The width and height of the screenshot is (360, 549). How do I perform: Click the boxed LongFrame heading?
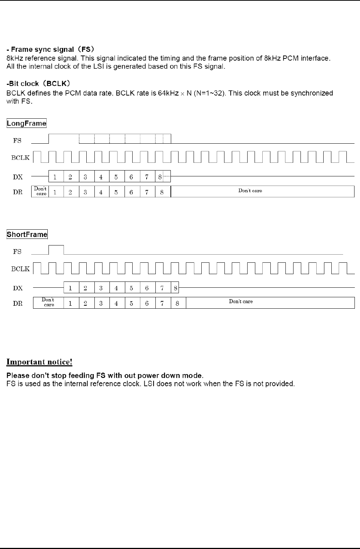(x=26, y=123)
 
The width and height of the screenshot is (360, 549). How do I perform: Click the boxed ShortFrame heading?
(x=27, y=234)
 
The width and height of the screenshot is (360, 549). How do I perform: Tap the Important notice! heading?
(x=39, y=362)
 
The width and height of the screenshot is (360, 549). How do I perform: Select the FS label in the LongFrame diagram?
(x=17, y=141)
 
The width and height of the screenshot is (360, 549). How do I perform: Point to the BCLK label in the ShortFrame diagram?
(x=20, y=269)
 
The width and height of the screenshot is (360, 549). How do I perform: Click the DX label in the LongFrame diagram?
(x=18, y=177)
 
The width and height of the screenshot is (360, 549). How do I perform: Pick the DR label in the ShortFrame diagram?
(x=18, y=304)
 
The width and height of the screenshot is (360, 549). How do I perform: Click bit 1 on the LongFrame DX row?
(x=55, y=177)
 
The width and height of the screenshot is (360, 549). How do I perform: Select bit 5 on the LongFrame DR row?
(x=116, y=192)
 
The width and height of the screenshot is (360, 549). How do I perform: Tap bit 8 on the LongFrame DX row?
(x=160, y=177)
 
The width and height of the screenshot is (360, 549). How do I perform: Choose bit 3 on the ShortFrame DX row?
(x=101, y=288)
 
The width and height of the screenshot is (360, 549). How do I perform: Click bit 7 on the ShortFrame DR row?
(x=162, y=304)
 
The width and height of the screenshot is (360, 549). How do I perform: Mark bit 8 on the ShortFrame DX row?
(x=176, y=288)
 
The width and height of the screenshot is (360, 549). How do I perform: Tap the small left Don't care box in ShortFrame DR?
(x=48, y=302)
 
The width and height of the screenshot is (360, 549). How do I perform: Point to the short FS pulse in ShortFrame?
(x=56, y=249)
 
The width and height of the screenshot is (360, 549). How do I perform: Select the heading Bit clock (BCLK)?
(x=38, y=83)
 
